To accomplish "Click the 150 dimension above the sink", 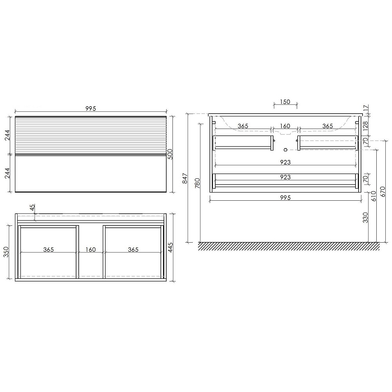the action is [285, 102].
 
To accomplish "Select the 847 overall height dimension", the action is [185, 178].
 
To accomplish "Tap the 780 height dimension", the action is [198, 183].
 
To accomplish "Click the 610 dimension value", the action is [374, 196].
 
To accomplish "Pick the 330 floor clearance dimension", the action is [365, 218].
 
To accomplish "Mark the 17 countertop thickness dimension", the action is [366, 108].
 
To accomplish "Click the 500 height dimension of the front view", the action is [170, 154].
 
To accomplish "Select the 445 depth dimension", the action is [170, 247].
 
